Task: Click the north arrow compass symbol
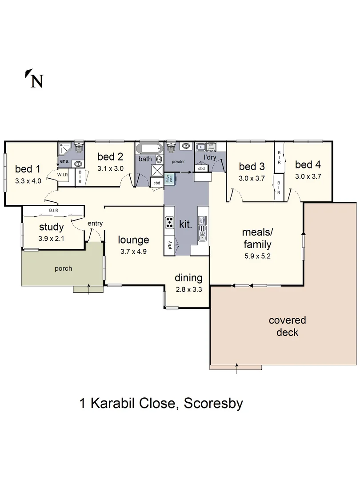pyautogui.click(x=34, y=79)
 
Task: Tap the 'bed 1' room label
pyautogui.click(x=28, y=169)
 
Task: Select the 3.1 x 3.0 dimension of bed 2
pyautogui.click(x=110, y=168)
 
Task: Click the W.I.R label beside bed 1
pyautogui.click(x=62, y=175)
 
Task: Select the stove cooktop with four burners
pyautogui.click(x=169, y=222)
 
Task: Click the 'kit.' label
pyautogui.click(x=185, y=224)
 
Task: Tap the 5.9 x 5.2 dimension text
pyautogui.click(x=256, y=256)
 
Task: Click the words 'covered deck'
pyautogui.click(x=287, y=326)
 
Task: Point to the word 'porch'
pyautogui.click(x=63, y=268)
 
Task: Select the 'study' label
pyautogui.click(x=51, y=227)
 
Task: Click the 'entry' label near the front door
pyautogui.click(x=95, y=223)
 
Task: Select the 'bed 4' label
pyautogui.click(x=308, y=165)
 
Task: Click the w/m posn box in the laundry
pyautogui.click(x=212, y=146)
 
